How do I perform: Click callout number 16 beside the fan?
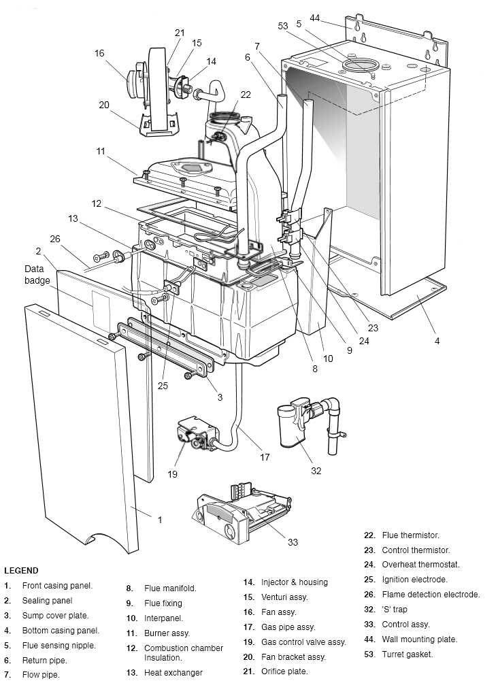99,53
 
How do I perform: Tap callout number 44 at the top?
314,17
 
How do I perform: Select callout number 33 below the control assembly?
293,542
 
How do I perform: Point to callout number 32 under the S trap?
316,470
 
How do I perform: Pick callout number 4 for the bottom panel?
437,341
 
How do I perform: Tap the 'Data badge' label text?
37,274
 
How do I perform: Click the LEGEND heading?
21,571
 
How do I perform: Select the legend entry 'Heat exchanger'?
173,673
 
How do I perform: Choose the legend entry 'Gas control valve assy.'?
303,642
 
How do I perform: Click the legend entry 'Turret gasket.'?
407,654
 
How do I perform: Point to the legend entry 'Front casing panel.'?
57,586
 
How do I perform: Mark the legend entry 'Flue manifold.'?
170,588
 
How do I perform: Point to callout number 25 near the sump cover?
163,386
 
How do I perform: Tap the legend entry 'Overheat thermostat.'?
420,565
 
